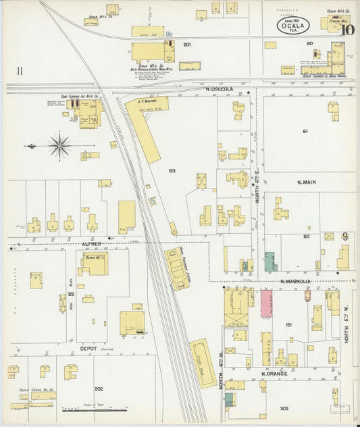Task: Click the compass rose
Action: click(59, 145)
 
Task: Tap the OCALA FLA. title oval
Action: click(289, 26)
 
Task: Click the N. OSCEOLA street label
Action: click(223, 89)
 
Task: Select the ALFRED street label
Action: click(91, 243)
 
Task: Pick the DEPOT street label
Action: click(89, 349)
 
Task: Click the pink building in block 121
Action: click(266, 304)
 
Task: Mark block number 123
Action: click(172, 171)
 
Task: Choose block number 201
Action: click(187, 45)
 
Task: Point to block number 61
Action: click(305, 131)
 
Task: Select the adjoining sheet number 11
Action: click(20, 70)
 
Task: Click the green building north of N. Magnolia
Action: click(270, 261)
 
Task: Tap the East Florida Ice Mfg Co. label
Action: click(80, 97)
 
